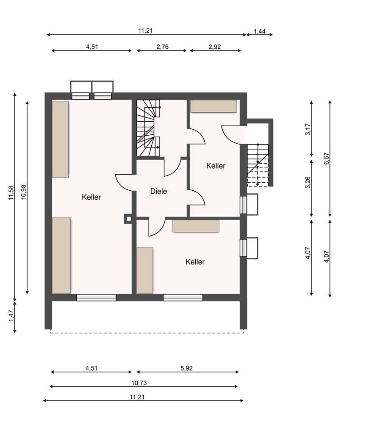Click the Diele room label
(158, 191)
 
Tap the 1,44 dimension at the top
(260, 31)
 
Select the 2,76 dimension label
(162, 47)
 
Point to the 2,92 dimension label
(215, 47)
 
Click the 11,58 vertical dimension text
(11, 193)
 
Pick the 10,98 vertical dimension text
(24, 192)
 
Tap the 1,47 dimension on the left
(11, 316)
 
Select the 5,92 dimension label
(186, 368)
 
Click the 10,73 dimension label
(139, 383)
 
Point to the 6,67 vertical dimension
(327, 159)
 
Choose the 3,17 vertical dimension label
(308, 129)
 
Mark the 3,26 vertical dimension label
(308, 182)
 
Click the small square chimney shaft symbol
(128, 219)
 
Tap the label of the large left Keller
(91, 197)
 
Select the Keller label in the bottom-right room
(195, 262)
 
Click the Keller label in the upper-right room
(216, 166)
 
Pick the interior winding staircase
(149, 128)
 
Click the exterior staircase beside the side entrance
(258, 166)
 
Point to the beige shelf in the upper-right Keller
(213, 106)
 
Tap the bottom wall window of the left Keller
(96, 298)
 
